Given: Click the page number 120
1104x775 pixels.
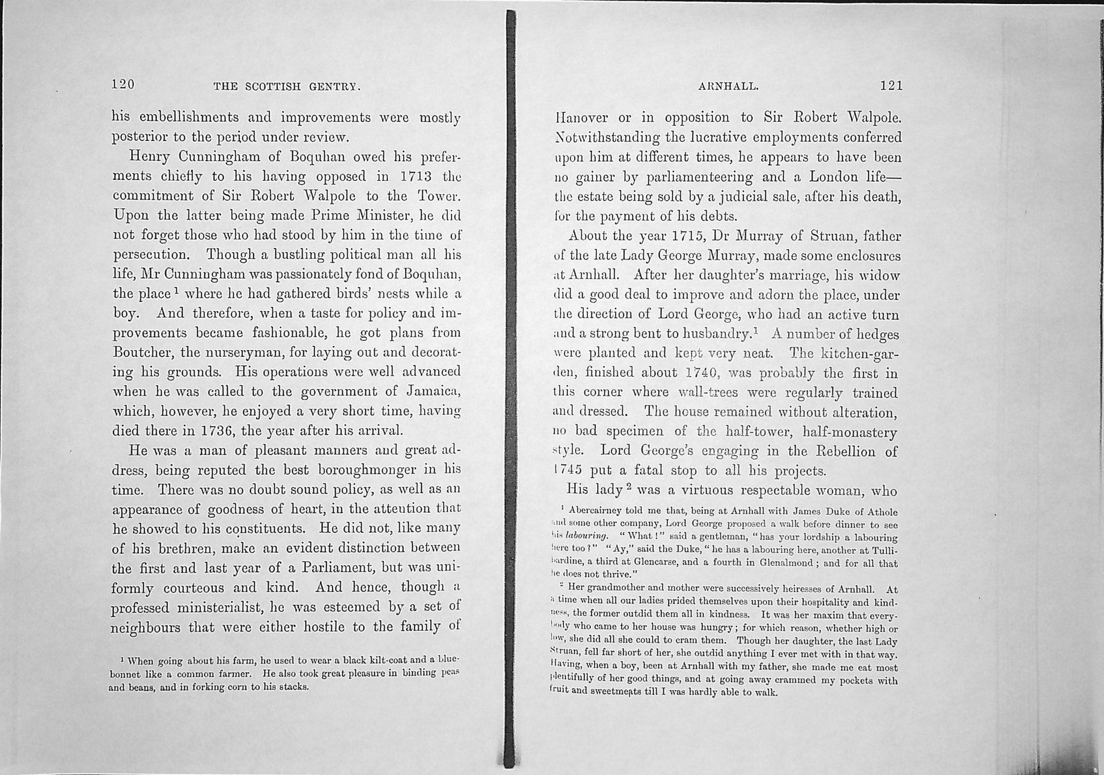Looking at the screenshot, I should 123,85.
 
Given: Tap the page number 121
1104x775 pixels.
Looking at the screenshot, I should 891,86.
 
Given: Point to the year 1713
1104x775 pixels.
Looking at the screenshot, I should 416,177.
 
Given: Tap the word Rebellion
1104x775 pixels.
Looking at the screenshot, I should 844,452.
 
